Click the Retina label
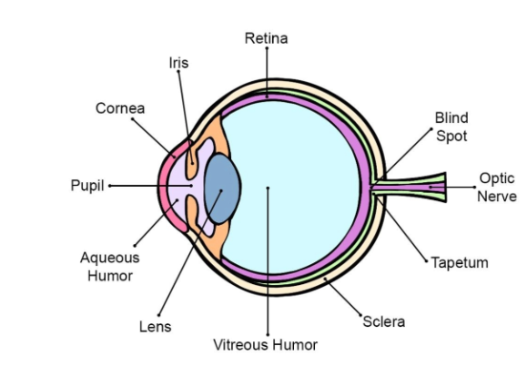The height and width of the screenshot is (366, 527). pos(266,38)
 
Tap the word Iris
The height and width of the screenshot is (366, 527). pos(178,63)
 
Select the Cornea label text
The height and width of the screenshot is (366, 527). pos(120,108)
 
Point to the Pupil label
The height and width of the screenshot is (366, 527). pos(87,186)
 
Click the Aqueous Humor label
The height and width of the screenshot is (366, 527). pos(110,267)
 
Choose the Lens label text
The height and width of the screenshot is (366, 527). pos(156,327)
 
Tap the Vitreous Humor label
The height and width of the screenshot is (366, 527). pos(265,345)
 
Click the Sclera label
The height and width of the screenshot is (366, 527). pos(384,321)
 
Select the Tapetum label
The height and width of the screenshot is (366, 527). pos(460,262)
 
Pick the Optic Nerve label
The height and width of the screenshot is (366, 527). pos(497,188)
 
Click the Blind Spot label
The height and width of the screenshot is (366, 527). pos(451,127)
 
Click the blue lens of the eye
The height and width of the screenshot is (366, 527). pos(222,188)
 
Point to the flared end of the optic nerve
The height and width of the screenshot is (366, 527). pos(441,188)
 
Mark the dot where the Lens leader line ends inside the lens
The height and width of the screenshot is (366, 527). pos(221,190)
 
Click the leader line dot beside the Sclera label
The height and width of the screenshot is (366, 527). pos(361,316)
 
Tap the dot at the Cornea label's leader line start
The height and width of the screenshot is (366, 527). pos(132,118)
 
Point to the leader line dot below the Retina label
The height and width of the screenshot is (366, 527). pos(267,48)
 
